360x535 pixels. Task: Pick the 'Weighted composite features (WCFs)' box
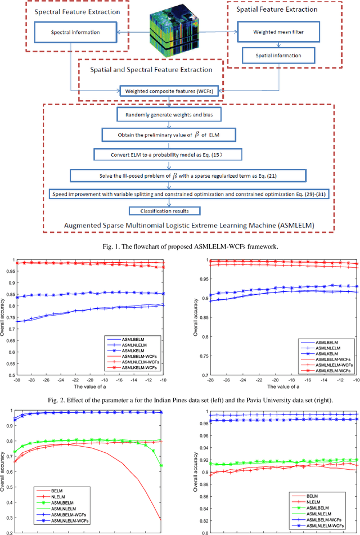[x=168, y=91]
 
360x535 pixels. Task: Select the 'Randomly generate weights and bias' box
[x=166, y=116]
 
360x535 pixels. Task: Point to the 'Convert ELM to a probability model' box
[x=166, y=154]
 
